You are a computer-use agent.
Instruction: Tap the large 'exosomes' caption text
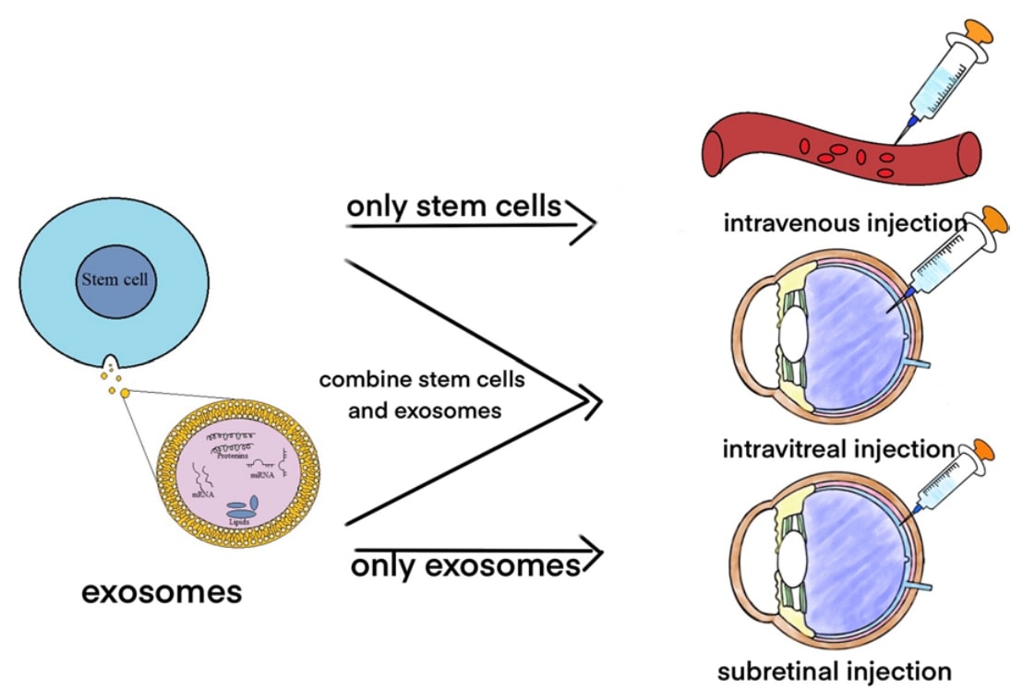(162, 591)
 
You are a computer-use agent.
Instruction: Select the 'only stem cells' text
(453, 207)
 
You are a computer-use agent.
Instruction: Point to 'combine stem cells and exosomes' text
(424, 395)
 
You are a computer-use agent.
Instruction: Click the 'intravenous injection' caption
(845, 222)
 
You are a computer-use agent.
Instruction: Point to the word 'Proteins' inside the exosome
(235, 455)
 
